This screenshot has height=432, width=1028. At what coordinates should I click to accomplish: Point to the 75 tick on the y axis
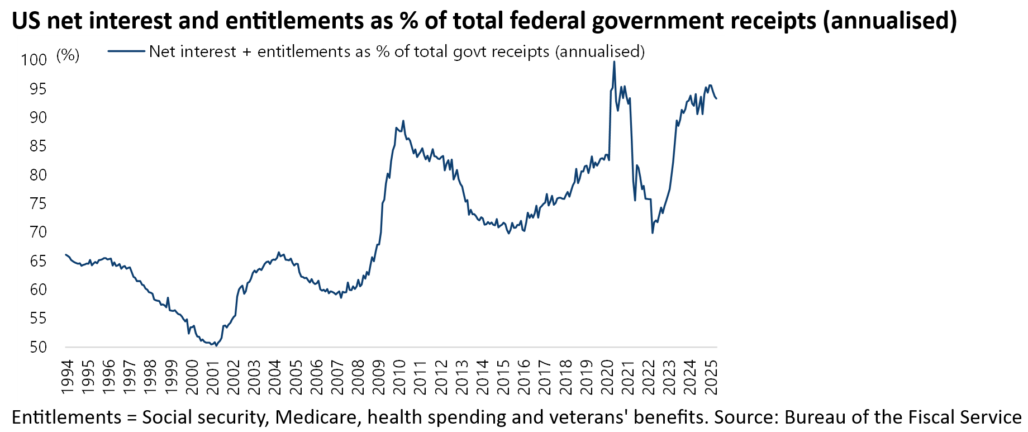[x=38, y=203]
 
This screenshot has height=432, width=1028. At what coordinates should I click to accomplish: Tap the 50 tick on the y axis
[x=38, y=347]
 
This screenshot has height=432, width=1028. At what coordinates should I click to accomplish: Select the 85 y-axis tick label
[x=38, y=146]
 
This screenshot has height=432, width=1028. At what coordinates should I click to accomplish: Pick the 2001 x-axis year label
[x=213, y=377]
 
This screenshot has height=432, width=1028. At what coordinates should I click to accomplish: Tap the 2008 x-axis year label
[x=358, y=377]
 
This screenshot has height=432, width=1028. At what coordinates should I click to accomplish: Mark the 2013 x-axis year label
[x=462, y=377]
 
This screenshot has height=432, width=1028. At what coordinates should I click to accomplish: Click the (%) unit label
[x=68, y=55]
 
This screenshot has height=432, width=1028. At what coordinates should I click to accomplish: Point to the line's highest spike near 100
[x=614, y=61]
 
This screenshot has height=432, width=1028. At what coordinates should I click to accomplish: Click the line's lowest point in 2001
[x=216, y=345]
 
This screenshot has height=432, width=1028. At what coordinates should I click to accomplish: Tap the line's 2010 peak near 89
[x=403, y=121]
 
